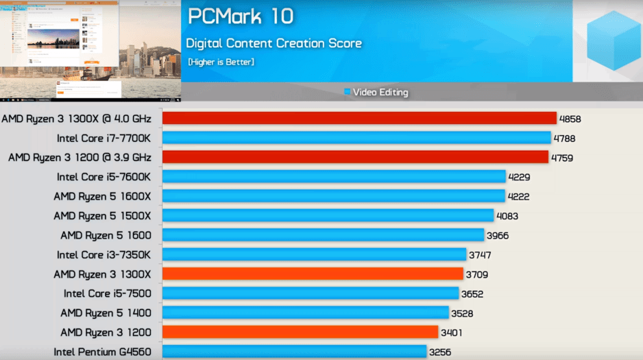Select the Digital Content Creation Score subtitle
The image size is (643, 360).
(x=274, y=44)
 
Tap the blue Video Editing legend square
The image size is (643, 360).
(x=348, y=92)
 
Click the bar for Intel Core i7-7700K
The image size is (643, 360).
(x=356, y=138)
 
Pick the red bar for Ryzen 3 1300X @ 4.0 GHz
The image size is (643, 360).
(x=359, y=119)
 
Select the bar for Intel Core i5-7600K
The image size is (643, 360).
(x=334, y=177)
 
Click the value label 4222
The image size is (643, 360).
(x=518, y=197)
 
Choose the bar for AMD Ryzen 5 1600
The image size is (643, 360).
(x=323, y=235)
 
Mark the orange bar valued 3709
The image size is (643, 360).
(x=313, y=274)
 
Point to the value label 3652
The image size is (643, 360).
(x=473, y=294)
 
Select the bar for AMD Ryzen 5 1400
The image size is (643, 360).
(x=305, y=313)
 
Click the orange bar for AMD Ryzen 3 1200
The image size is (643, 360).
(x=300, y=333)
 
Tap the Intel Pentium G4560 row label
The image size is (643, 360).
(x=102, y=352)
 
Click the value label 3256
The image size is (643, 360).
(x=441, y=352)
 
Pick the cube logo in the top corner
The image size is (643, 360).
(x=614, y=39)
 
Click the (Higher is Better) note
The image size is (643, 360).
(x=221, y=62)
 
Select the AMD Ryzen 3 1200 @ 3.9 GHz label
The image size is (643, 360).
(x=80, y=158)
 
